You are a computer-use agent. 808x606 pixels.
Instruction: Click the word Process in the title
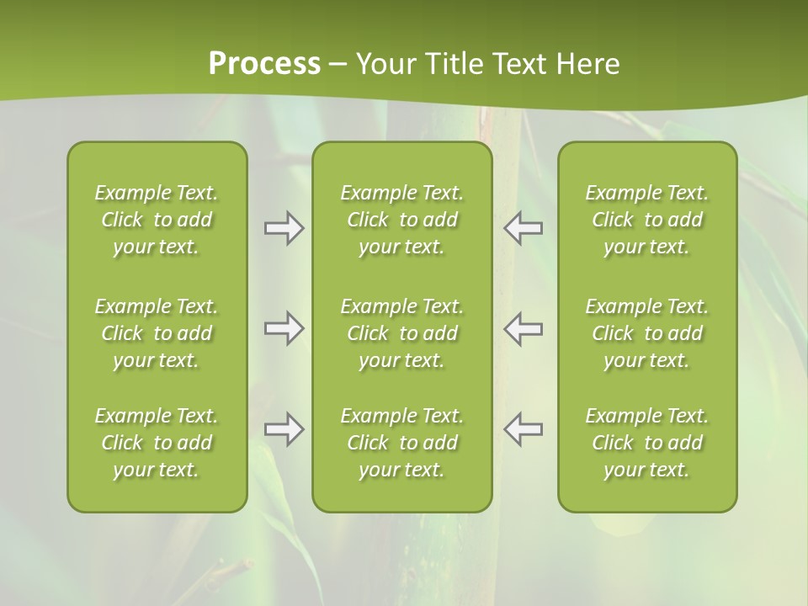[264, 64]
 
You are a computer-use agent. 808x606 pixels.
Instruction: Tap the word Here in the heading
[587, 64]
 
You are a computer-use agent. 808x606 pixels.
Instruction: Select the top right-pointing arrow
[284, 228]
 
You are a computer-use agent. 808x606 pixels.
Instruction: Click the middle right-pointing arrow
[284, 329]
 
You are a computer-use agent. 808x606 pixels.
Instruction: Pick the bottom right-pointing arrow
[284, 429]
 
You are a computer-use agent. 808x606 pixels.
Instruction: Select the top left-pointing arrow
[523, 228]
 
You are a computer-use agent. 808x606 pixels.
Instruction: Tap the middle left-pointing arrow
[523, 329]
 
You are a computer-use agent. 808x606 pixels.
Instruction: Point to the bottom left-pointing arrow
[523, 429]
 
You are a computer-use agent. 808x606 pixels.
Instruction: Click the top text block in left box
[157, 220]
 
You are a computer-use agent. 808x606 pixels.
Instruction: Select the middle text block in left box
[157, 333]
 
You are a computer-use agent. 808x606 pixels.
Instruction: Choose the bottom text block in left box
[157, 443]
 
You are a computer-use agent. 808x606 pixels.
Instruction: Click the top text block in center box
[401, 220]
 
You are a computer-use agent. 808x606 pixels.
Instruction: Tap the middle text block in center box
[401, 333]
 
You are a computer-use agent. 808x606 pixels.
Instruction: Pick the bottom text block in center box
[401, 443]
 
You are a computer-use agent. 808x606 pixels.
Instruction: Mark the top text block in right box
[646, 220]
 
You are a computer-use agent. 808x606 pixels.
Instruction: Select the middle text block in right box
[646, 333]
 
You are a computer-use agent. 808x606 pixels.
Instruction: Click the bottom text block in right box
[646, 443]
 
